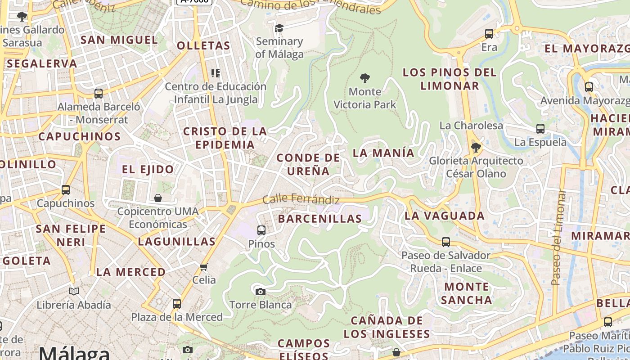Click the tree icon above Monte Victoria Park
[365, 78]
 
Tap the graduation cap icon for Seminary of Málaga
[279, 28]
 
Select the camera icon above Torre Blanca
[260, 292]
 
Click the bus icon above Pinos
[261, 230]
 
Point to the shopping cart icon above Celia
[204, 267]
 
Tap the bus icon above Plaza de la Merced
[177, 304]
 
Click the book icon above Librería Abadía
[74, 292]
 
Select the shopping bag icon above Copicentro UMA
[158, 198]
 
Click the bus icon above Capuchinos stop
[66, 190]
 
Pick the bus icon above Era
[489, 34]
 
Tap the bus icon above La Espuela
[540, 129]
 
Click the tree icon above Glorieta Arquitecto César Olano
[476, 148]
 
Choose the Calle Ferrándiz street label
[301, 198]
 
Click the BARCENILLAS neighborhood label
[320, 219]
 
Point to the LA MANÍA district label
[383, 153]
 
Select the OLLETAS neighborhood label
[203, 45]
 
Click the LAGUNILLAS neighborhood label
[177, 242]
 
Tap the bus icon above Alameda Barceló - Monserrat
[99, 94]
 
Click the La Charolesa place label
[471, 126]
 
